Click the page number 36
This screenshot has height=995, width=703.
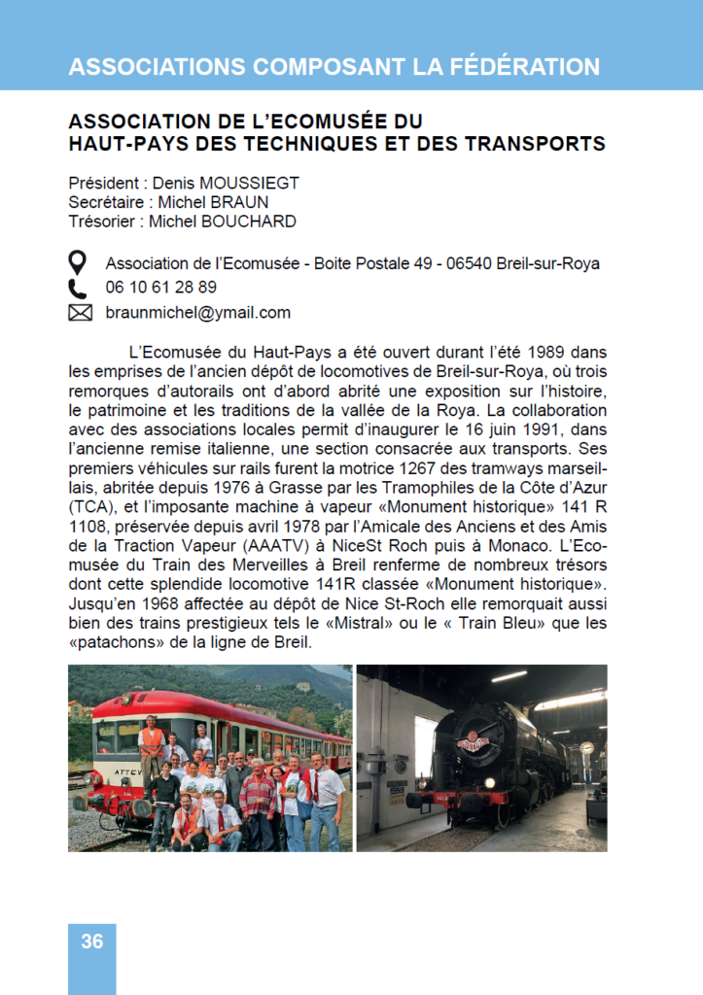click(92, 941)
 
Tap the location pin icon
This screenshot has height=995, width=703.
click(79, 262)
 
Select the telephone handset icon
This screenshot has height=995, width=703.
click(79, 288)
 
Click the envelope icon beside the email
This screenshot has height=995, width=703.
click(80, 313)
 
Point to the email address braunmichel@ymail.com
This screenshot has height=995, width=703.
click(198, 313)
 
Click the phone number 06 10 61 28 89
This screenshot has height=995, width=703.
click(161, 288)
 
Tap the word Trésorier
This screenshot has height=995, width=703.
click(101, 222)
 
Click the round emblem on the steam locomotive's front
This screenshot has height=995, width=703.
click(474, 744)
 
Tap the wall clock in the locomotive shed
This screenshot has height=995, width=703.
click(586, 747)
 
